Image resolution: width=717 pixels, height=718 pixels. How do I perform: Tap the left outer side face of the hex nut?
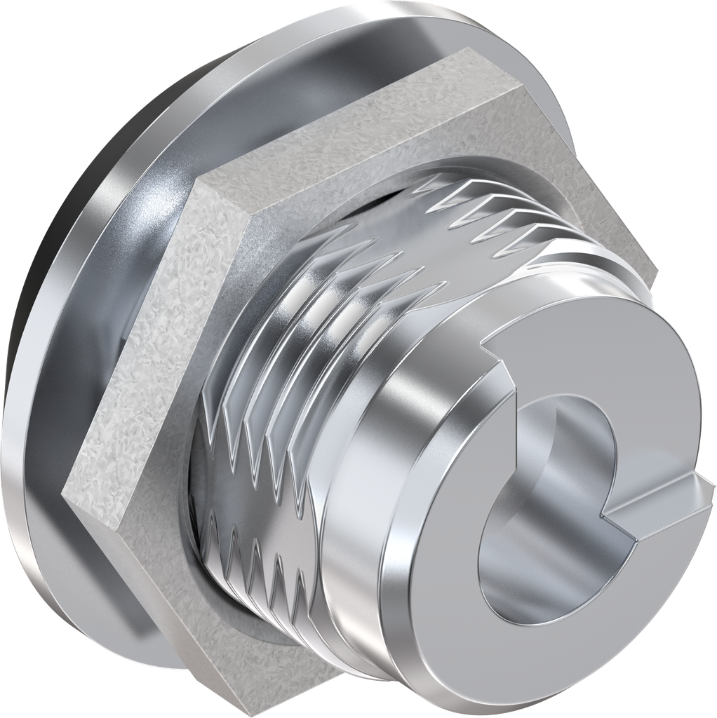[x=133, y=344]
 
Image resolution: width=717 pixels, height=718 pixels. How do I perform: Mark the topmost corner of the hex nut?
[x=467, y=51]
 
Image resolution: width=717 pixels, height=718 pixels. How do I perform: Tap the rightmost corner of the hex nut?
[x=656, y=270]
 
